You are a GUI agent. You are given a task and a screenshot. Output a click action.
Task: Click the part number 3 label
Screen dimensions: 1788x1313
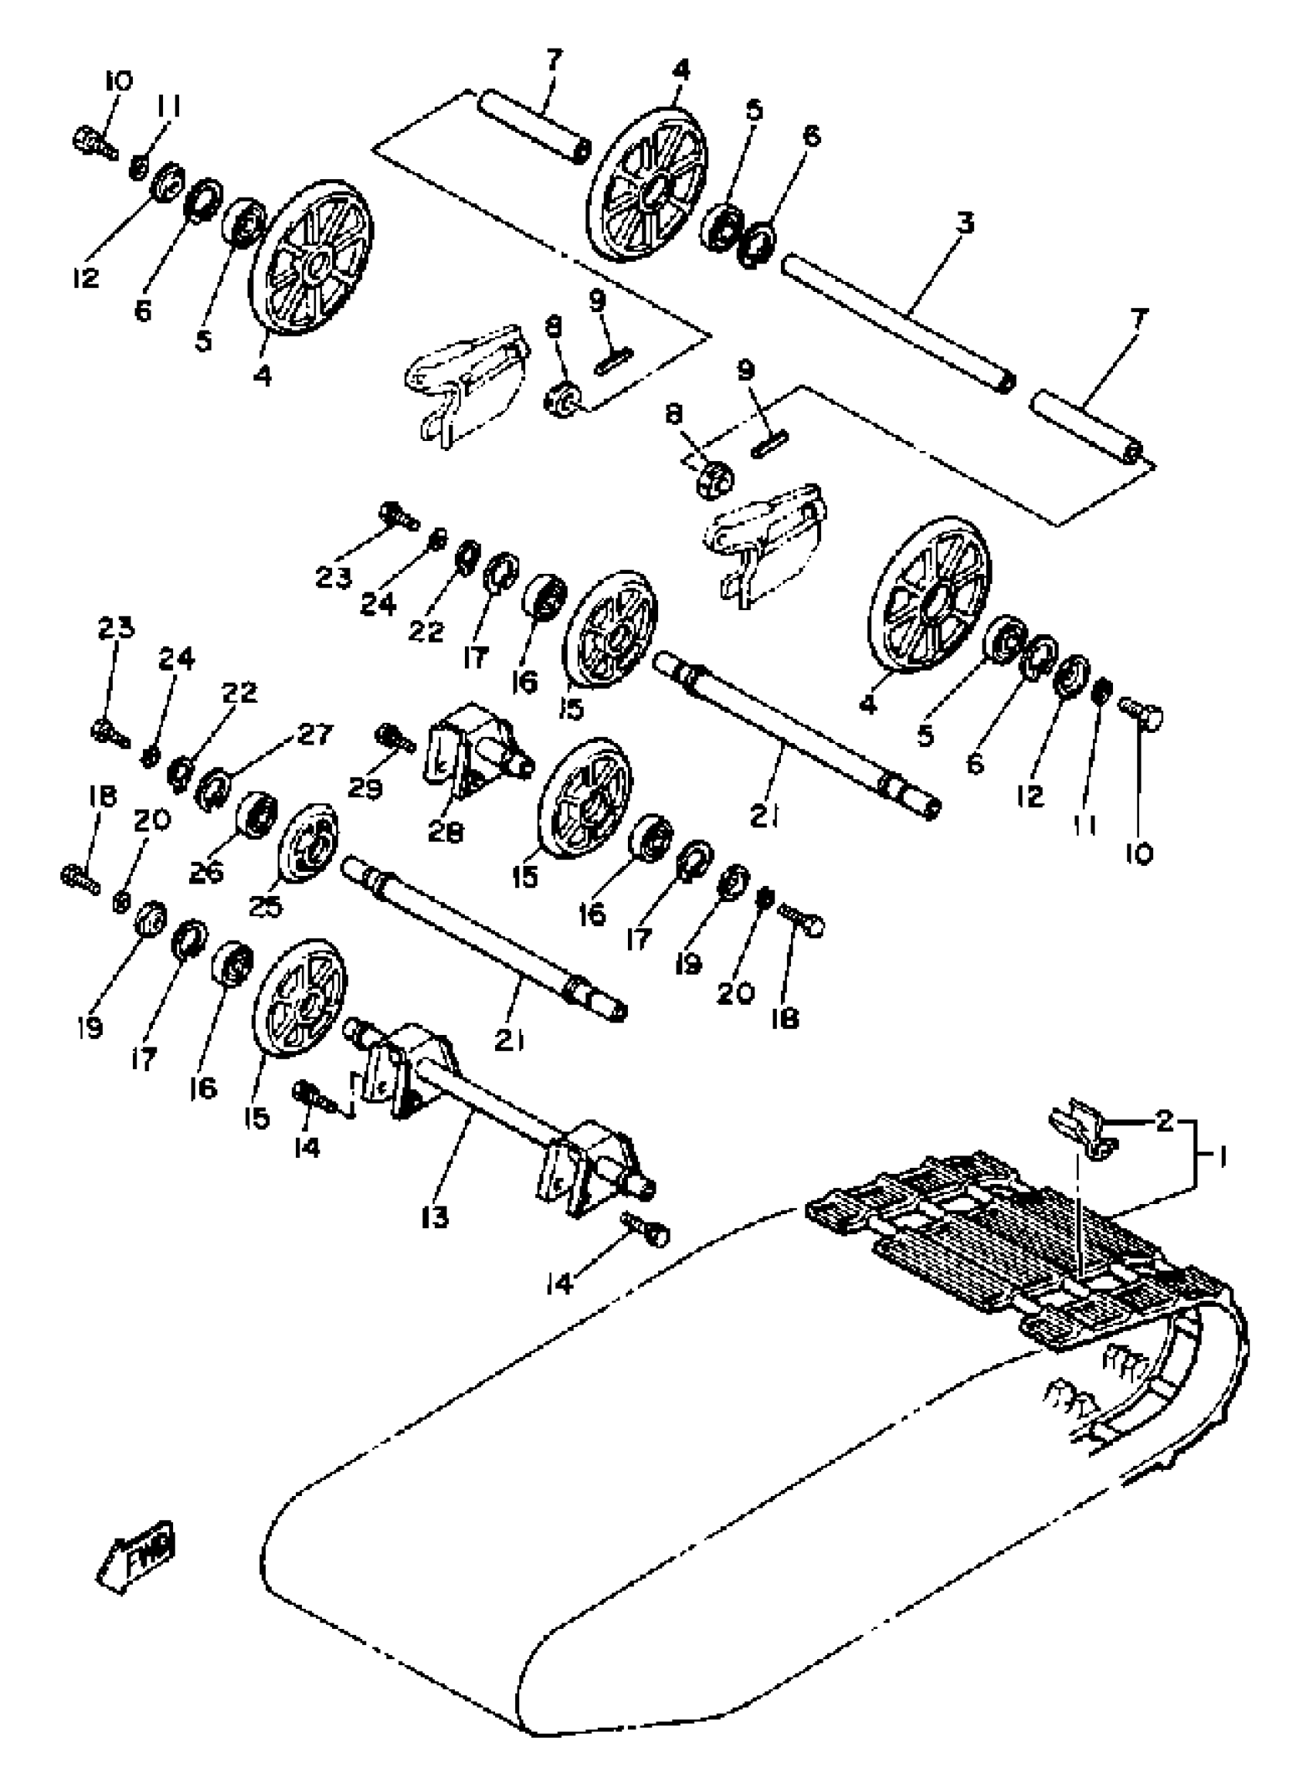pyautogui.click(x=964, y=224)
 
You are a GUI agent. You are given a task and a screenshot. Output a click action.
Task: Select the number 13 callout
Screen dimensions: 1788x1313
pyautogui.click(x=436, y=1216)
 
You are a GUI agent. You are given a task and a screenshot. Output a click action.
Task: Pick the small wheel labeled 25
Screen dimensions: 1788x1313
pyautogui.click(x=308, y=846)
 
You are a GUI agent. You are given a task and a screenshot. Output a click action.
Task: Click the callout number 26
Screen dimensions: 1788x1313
pyautogui.click(x=207, y=872)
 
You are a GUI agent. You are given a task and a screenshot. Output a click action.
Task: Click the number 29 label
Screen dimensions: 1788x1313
pyautogui.click(x=365, y=787)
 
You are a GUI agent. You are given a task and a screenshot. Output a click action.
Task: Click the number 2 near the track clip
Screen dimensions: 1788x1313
pyautogui.click(x=1164, y=1121)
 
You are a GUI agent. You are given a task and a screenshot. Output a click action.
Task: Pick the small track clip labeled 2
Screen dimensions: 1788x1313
pyautogui.click(x=1081, y=1128)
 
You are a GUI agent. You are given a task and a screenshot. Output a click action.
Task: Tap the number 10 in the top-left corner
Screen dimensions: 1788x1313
pyautogui.click(x=118, y=81)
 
